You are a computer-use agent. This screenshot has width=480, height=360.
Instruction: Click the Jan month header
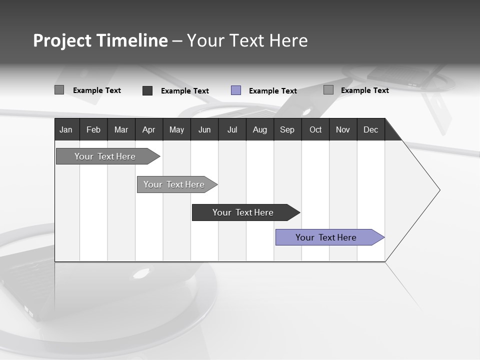pos(66,129)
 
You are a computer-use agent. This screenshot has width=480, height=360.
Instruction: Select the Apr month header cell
pos(148,129)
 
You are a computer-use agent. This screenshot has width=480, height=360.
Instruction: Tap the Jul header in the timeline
pos(232,129)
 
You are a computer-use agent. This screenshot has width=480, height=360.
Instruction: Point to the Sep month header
pos(287,129)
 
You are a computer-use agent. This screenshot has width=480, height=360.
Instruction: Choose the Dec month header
pos(370,129)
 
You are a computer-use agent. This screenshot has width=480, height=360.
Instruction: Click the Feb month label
pos(93,129)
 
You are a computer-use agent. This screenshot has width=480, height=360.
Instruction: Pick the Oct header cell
pos(315,129)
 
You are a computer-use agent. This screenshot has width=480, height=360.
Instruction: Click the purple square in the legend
pos(236,90)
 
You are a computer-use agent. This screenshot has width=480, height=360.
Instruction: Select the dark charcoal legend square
pos(147,90)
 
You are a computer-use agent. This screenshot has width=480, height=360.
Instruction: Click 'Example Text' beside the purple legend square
pos(273,91)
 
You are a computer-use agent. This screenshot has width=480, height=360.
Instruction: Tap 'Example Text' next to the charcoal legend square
pos(185,91)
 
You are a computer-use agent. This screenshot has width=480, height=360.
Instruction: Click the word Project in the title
pos(62,40)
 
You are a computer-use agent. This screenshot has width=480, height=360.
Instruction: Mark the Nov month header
pos(343,129)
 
